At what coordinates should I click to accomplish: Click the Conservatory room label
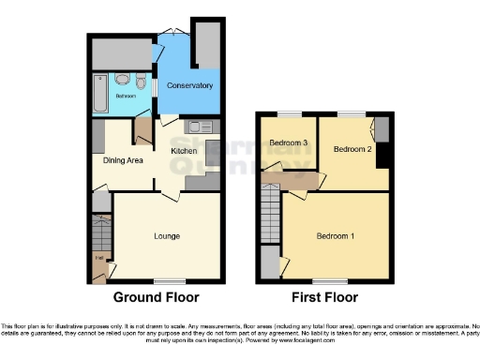[x=189, y=86]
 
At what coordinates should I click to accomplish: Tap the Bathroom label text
[x=125, y=96]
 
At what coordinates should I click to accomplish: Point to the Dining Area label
[x=123, y=160]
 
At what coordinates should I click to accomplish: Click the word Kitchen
[x=183, y=150]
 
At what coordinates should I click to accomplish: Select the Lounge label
[x=167, y=235]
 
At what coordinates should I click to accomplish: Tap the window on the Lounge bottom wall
[x=169, y=280]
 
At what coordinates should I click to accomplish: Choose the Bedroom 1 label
[x=336, y=234]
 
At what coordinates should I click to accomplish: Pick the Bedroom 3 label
[x=289, y=142]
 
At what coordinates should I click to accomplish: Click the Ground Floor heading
[x=156, y=298]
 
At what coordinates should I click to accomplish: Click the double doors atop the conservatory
[x=173, y=35]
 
